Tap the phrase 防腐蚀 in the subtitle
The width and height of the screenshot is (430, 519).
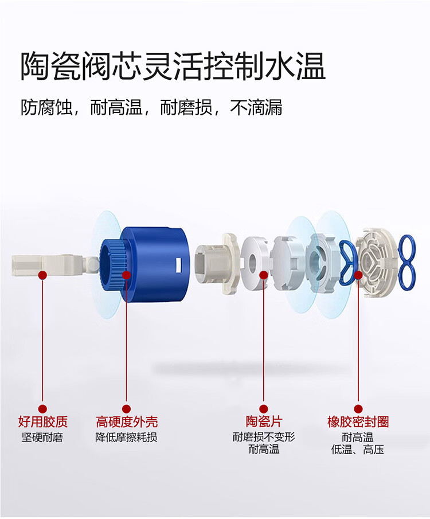[x=46, y=107]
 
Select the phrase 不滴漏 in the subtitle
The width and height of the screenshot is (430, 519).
[x=256, y=107]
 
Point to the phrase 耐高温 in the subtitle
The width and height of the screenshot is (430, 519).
[x=116, y=107]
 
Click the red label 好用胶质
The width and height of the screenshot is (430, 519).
[x=42, y=422]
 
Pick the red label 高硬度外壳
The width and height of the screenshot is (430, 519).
[x=127, y=422]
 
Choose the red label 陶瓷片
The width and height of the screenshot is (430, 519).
[x=264, y=422]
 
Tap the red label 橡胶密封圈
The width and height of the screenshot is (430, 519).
[x=358, y=422]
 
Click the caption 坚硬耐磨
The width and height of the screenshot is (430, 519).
[x=42, y=437]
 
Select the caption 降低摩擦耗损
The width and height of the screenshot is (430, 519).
[x=126, y=437]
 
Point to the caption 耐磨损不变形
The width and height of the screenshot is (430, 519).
[x=264, y=437]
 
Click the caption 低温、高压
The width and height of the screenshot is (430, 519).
[x=358, y=450]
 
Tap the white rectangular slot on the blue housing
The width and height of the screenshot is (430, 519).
[x=179, y=266]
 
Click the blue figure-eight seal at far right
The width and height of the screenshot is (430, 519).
[x=407, y=263]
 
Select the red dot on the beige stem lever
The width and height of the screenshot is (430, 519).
[x=42, y=275]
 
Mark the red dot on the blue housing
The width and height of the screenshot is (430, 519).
[x=127, y=275]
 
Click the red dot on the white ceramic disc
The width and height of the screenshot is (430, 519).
[x=264, y=275]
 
